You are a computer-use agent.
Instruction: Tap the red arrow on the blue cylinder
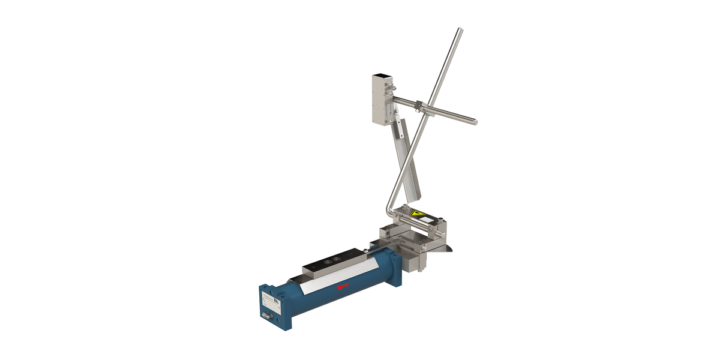tap(344, 288)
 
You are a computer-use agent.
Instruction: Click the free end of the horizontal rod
tap(475, 122)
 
